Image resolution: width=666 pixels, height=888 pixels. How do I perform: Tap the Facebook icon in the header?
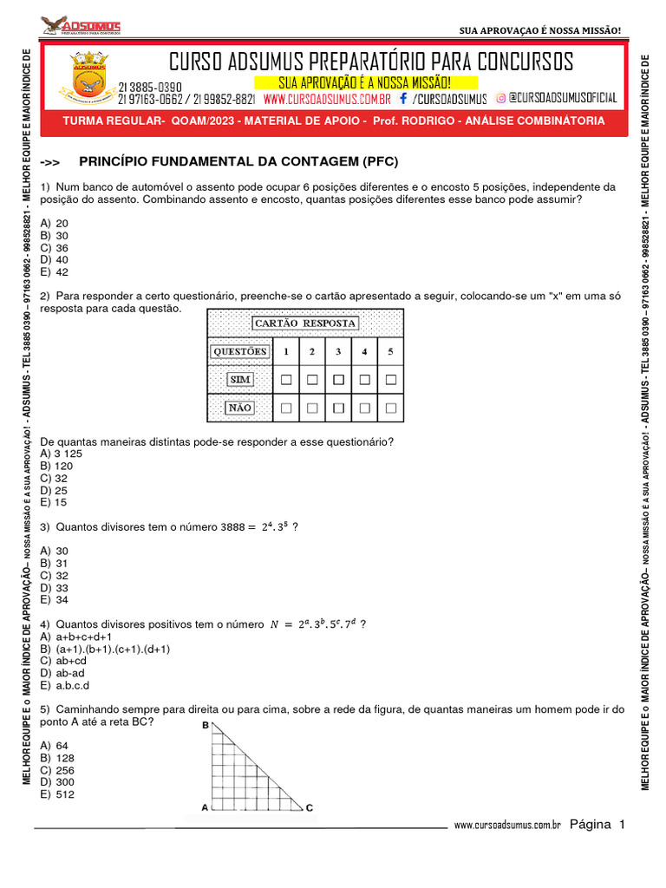pos(403,99)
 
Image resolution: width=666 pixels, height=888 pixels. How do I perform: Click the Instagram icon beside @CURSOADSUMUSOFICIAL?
pos(501,99)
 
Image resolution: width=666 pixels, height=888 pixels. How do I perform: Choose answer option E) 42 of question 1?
pos(55,271)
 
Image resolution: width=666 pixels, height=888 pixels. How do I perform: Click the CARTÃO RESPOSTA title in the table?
pos(304,323)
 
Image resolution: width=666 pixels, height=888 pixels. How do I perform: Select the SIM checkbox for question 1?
pos(285,380)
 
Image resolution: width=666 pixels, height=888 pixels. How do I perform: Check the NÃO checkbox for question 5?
pos(390,407)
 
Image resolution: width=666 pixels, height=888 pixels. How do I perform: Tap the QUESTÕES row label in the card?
pos(240,352)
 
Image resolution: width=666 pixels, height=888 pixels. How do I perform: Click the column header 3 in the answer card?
pos(338,352)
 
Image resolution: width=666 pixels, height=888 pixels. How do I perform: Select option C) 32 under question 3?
pos(55,575)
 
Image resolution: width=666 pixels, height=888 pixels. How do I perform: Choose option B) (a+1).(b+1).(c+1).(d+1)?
pos(105,649)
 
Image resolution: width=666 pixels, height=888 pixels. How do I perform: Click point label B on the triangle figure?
pos(206,725)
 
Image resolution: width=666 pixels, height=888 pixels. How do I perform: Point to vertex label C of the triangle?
pos(310,807)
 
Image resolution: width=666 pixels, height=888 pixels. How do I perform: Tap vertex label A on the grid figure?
pos(205,807)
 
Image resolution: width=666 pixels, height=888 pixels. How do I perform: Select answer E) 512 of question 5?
pos(57,794)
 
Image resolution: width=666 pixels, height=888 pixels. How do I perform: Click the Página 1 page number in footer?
pos(597,825)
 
